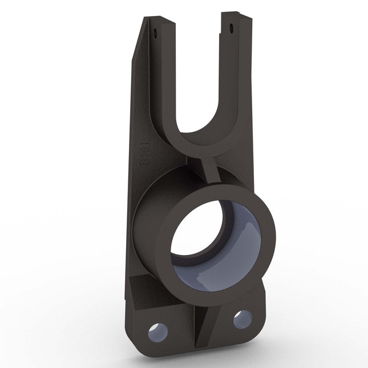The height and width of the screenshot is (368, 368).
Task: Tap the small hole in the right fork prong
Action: pos(231,27)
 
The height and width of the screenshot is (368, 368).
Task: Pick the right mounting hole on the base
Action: pos(242,318)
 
